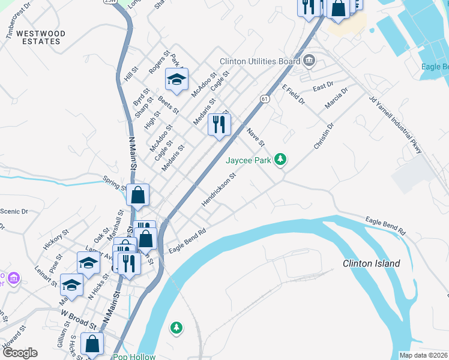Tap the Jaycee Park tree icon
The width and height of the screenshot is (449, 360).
280,160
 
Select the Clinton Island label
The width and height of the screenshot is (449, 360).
371,263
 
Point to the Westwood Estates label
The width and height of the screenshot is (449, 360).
38,37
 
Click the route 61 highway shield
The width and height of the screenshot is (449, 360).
265,98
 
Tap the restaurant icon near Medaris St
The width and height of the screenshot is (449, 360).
218,125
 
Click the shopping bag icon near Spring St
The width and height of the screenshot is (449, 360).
138,195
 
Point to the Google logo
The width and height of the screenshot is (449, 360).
20,353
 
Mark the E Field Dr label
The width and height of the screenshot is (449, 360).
294,95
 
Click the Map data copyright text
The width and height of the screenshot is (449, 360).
423,355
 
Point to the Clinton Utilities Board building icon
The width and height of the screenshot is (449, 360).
309,60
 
